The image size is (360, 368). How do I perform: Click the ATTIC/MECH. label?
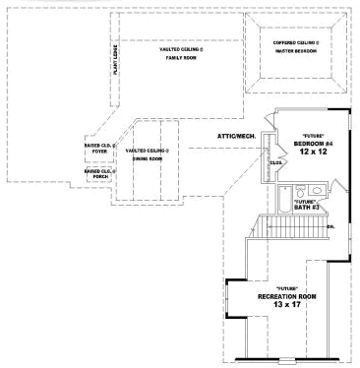point(237,134)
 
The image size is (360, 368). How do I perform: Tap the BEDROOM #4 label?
point(314,145)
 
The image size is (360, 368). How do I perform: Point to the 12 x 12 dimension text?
point(314,153)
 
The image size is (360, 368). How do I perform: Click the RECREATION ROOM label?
point(286,295)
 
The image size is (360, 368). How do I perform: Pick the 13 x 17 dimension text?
point(286,305)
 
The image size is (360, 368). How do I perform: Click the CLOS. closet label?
point(276,163)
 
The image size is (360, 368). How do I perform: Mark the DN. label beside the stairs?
point(331,227)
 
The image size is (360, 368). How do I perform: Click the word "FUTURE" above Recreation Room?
point(286,287)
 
